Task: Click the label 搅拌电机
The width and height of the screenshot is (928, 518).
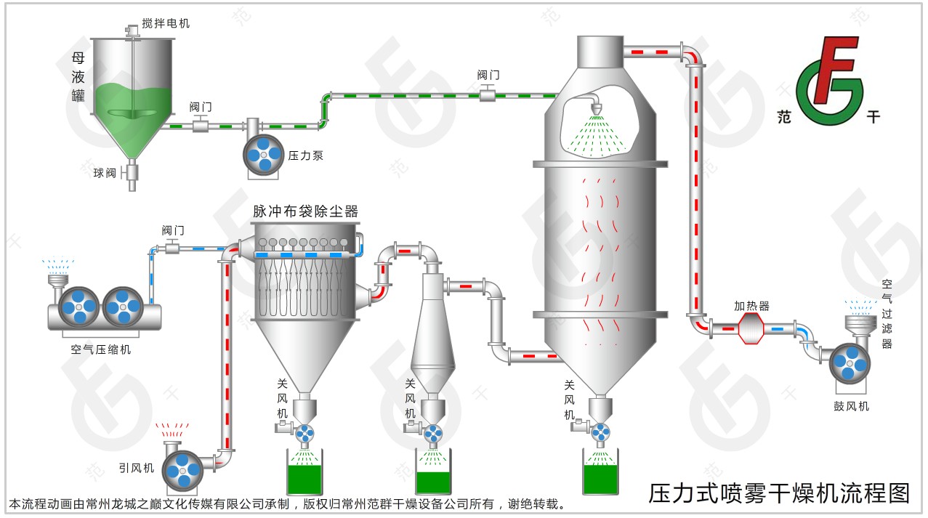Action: pos(166,23)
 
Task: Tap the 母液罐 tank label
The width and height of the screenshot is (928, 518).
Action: pos(78,76)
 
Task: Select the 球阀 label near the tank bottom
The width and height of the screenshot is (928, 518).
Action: pos(105,173)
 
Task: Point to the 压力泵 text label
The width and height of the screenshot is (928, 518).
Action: pos(306,155)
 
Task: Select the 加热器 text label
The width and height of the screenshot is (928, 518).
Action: pos(751,306)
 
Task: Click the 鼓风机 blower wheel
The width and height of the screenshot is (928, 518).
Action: pos(850,364)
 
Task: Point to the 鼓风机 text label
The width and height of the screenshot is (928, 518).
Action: pos(851,406)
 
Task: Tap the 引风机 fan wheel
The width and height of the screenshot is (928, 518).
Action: pos(182,469)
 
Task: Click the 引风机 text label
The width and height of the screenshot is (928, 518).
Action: pos(136,468)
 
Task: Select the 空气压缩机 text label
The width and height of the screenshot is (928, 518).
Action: pos(101,349)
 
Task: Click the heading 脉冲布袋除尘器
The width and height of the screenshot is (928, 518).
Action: pos(305,211)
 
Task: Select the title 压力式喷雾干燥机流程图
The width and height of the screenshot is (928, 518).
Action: pos(778,493)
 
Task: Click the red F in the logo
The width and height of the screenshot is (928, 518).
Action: pos(836,69)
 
